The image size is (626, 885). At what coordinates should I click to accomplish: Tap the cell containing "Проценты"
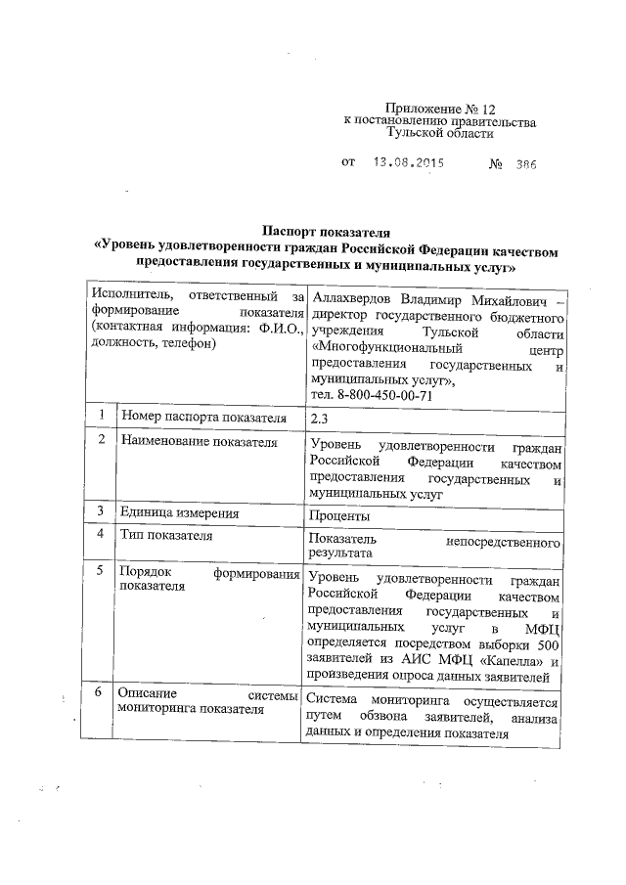tap(338, 515)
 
